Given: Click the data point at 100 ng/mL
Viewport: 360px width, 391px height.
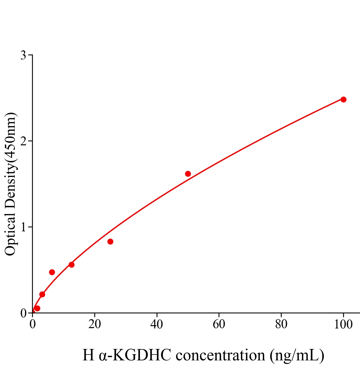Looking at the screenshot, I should click(343, 99).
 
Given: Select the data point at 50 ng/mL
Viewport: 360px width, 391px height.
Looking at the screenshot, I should click(188, 174).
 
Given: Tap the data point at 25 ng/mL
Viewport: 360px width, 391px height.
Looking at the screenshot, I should click(110, 241).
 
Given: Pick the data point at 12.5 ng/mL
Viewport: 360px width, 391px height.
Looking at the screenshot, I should click(71, 265).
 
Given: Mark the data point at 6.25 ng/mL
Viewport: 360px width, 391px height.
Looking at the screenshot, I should click(52, 272).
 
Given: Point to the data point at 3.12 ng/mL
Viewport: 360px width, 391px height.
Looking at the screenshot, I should click(42, 294).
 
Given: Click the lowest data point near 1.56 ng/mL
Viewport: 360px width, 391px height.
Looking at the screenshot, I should click(37, 308).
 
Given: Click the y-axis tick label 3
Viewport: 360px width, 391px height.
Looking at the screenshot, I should click(23, 55).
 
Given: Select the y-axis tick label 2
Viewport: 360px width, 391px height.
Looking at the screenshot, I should click(23, 141).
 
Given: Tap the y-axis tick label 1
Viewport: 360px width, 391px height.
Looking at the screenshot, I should click(23, 227).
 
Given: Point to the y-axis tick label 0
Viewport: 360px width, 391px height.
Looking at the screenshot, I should click(23, 313).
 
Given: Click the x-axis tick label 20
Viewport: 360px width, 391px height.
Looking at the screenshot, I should click(95, 325).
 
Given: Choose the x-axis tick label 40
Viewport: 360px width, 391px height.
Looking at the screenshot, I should click(157, 325).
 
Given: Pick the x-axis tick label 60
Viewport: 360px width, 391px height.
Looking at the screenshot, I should click(219, 325).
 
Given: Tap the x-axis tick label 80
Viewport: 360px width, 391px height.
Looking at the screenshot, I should click(281, 325).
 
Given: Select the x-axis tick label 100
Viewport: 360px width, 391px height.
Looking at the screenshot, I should click(343, 325).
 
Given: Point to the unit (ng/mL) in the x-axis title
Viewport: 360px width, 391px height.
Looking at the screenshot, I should click(297, 355).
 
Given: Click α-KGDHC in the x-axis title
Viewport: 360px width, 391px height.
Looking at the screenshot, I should click(135, 355).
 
